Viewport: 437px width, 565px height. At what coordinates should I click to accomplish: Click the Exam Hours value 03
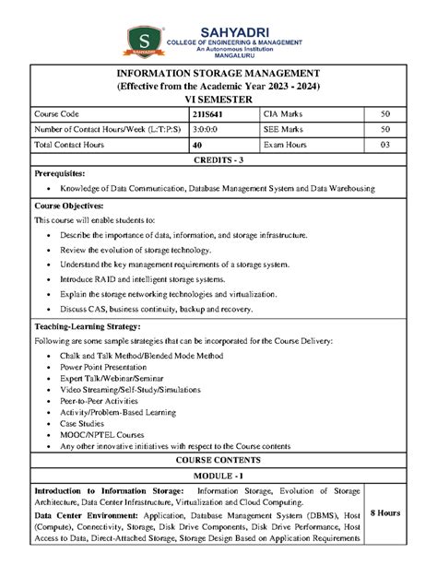[384, 145]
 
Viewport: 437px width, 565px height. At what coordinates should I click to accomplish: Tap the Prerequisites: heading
[60, 173]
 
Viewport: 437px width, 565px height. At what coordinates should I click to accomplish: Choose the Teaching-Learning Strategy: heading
[88, 326]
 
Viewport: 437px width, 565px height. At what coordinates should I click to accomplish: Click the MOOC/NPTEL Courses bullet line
[100, 433]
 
